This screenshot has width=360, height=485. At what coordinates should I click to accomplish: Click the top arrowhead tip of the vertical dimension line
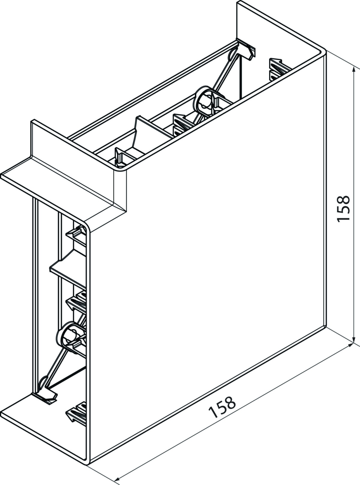[353, 67]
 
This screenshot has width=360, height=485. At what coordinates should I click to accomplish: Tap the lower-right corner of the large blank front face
[326, 332]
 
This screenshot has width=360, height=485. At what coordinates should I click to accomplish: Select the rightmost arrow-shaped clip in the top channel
[280, 69]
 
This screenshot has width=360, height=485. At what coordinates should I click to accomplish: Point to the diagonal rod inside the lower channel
[59, 376]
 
